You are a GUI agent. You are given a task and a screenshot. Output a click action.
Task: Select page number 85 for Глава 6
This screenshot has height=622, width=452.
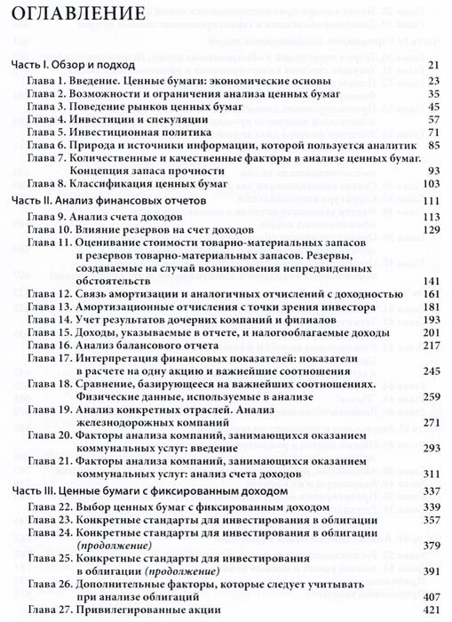tap(434, 145)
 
